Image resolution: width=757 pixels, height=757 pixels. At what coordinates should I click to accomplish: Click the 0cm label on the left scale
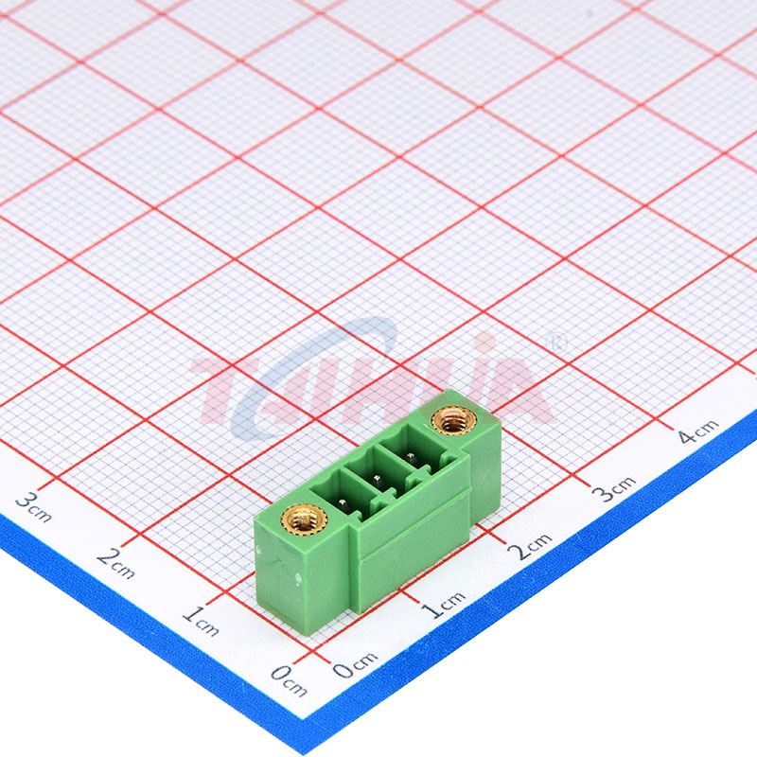(x=289, y=679)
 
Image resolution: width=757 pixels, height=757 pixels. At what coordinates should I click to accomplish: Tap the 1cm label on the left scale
(x=201, y=621)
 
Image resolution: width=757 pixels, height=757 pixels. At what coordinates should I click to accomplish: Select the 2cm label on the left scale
(x=115, y=563)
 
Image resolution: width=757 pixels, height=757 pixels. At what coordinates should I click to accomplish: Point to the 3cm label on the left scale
(x=33, y=507)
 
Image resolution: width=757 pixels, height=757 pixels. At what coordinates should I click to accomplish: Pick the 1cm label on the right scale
(x=444, y=604)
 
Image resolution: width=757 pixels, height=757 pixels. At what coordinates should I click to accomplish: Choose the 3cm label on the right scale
(x=614, y=488)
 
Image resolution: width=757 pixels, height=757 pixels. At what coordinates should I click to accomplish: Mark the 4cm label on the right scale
(x=698, y=431)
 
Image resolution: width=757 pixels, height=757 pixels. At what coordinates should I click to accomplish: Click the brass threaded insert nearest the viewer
(x=304, y=519)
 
